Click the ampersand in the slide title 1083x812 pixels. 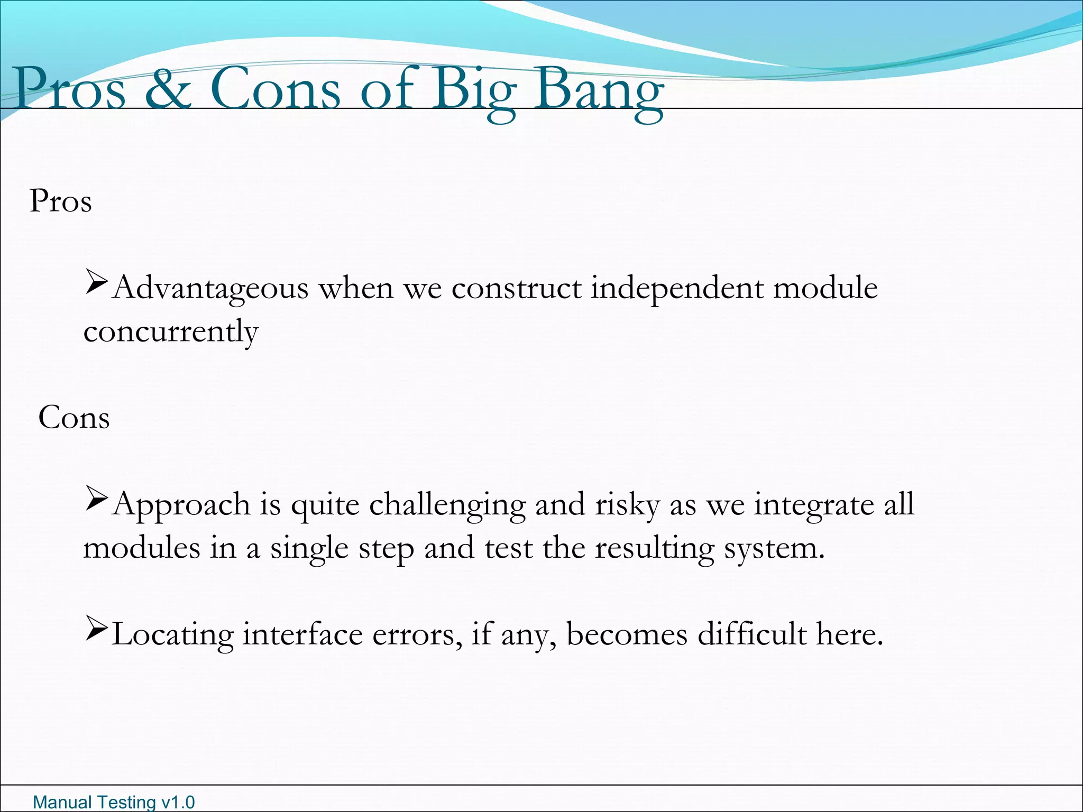pyautogui.click(x=168, y=88)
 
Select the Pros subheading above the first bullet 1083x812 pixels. pyautogui.click(x=61, y=201)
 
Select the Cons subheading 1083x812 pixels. pyautogui.click(x=74, y=418)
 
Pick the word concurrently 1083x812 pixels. pyautogui.click(x=171, y=333)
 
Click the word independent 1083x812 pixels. pyautogui.click(x=677, y=288)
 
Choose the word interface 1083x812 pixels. pyautogui.click(x=302, y=635)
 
